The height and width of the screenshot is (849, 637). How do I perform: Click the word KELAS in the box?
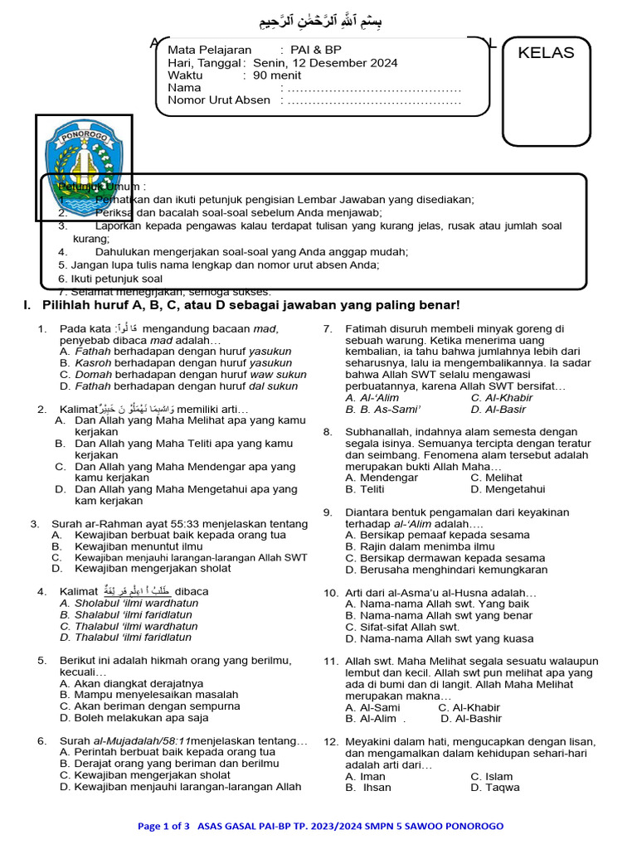point(546,53)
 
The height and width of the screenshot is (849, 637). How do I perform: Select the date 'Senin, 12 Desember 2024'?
point(324,63)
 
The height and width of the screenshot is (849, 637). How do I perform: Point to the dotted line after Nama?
point(372,88)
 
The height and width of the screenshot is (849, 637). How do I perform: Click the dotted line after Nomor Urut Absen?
point(372,100)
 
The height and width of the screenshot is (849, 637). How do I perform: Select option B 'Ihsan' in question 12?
point(369,788)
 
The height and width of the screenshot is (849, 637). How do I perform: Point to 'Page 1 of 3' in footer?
point(163,826)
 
